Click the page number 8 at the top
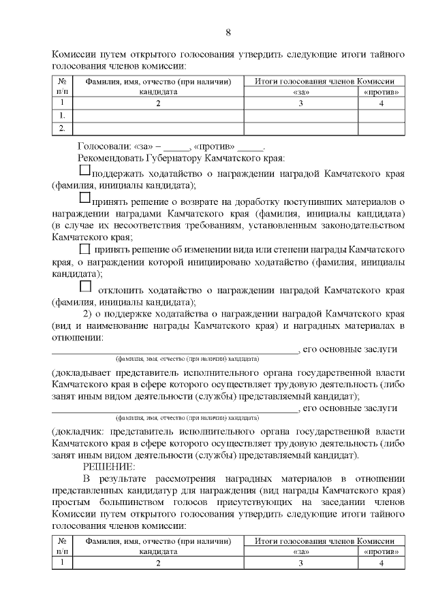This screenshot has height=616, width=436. pyautogui.click(x=228, y=31)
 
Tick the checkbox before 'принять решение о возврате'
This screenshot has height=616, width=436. pyautogui.click(x=84, y=197)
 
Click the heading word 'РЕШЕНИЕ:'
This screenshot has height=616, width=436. pyautogui.click(x=109, y=466)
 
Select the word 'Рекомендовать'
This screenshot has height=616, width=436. pyautogui.click(x=113, y=159)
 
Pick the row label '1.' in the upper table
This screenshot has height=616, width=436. pyautogui.click(x=62, y=115)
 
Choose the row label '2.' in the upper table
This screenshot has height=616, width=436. pyautogui.click(x=62, y=127)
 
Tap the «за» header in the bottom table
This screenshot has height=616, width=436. pyautogui.click(x=300, y=552)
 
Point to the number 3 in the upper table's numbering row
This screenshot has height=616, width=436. pyautogui.click(x=300, y=103)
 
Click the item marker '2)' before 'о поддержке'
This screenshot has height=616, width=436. pyautogui.click(x=87, y=313)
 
